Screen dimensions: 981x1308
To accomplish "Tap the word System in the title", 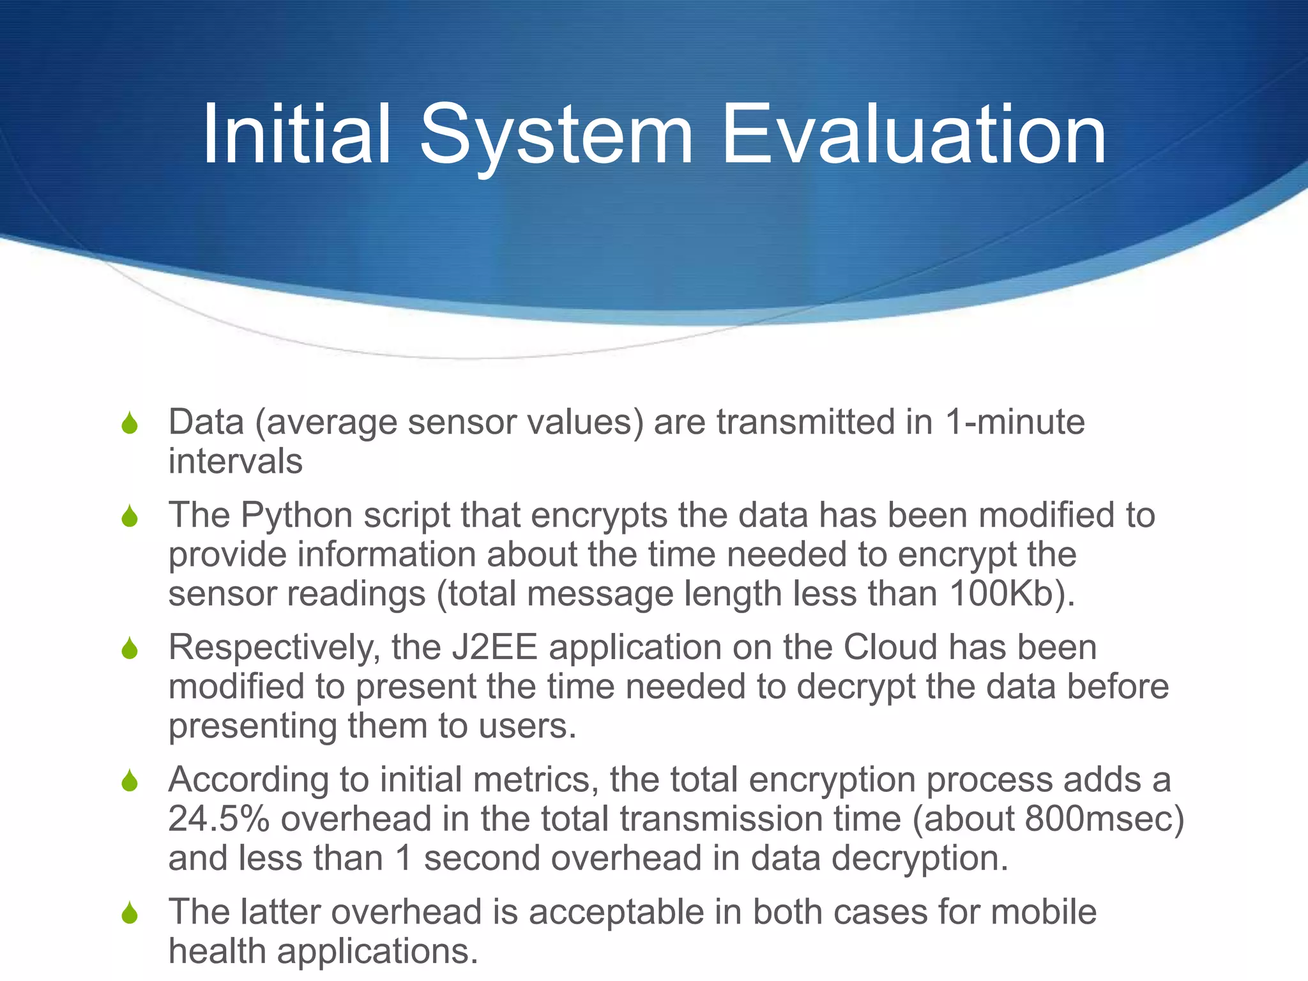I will coord(556,135).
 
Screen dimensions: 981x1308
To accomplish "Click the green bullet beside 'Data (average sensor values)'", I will coord(130,423).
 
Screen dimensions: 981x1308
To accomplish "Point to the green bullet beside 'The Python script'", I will coord(130,517).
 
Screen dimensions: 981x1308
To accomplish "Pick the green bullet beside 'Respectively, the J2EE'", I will coord(130,649).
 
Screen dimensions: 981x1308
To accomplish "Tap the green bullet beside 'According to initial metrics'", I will coord(130,780).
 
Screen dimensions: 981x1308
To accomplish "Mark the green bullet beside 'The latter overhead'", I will coord(130,913).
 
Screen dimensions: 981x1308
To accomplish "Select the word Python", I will coord(296,515).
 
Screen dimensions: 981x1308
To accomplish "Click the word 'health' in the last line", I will coord(217,951).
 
